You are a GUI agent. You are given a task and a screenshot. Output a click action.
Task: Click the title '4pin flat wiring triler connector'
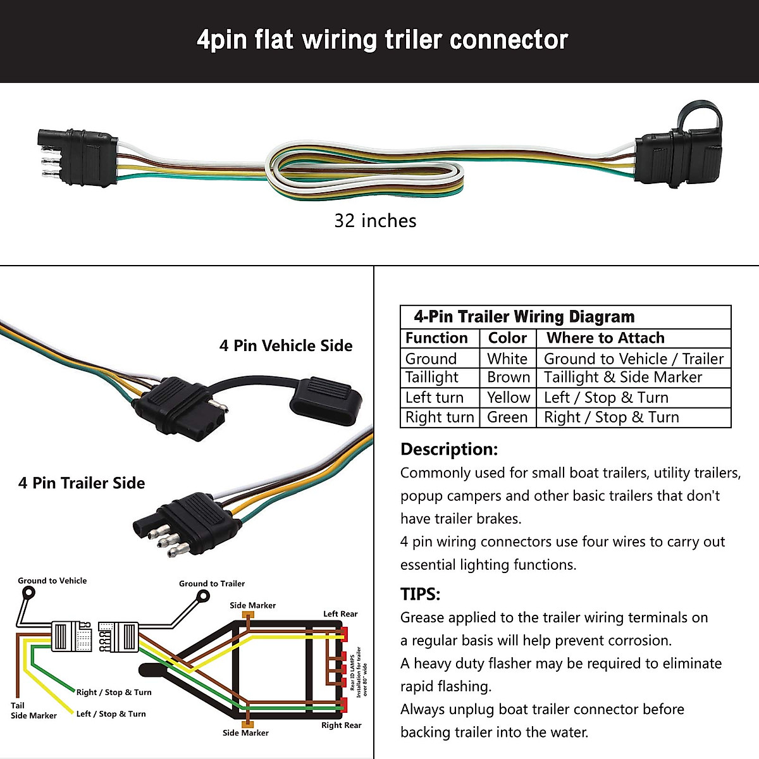coord(382,40)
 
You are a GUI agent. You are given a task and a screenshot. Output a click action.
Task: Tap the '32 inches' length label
coord(375,221)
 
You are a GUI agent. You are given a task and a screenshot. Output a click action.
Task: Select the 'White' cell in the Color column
coord(507,359)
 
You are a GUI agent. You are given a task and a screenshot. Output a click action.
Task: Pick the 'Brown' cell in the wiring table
coord(508,377)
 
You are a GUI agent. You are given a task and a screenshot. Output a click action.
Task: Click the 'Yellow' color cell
coord(508,397)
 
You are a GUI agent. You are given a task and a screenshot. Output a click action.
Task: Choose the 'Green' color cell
coord(507,417)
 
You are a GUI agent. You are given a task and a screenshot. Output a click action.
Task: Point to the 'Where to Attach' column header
coord(605,338)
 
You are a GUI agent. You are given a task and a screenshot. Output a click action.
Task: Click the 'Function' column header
coord(436,338)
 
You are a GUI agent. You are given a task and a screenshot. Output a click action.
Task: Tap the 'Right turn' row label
coord(439,417)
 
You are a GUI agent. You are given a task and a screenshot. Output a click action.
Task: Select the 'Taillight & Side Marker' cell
coord(622,377)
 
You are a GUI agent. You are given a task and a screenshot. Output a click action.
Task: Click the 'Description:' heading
coord(449,449)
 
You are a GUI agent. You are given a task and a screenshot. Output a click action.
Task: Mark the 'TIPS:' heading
coord(420,594)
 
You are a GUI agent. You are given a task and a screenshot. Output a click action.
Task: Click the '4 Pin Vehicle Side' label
coord(286,345)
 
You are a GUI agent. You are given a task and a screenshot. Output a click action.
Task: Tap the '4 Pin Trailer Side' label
coord(82,483)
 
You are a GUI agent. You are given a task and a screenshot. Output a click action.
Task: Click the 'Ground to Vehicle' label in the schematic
coord(52,581)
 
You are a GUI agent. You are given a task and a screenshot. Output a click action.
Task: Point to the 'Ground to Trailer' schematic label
coord(212,584)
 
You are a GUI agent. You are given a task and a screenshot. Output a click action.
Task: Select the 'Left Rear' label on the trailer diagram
coord(340,614)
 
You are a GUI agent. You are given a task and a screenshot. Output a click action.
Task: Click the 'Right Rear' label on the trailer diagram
coord(341,725)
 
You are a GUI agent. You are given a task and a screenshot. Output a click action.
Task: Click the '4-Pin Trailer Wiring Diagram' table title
coord(524,316)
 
